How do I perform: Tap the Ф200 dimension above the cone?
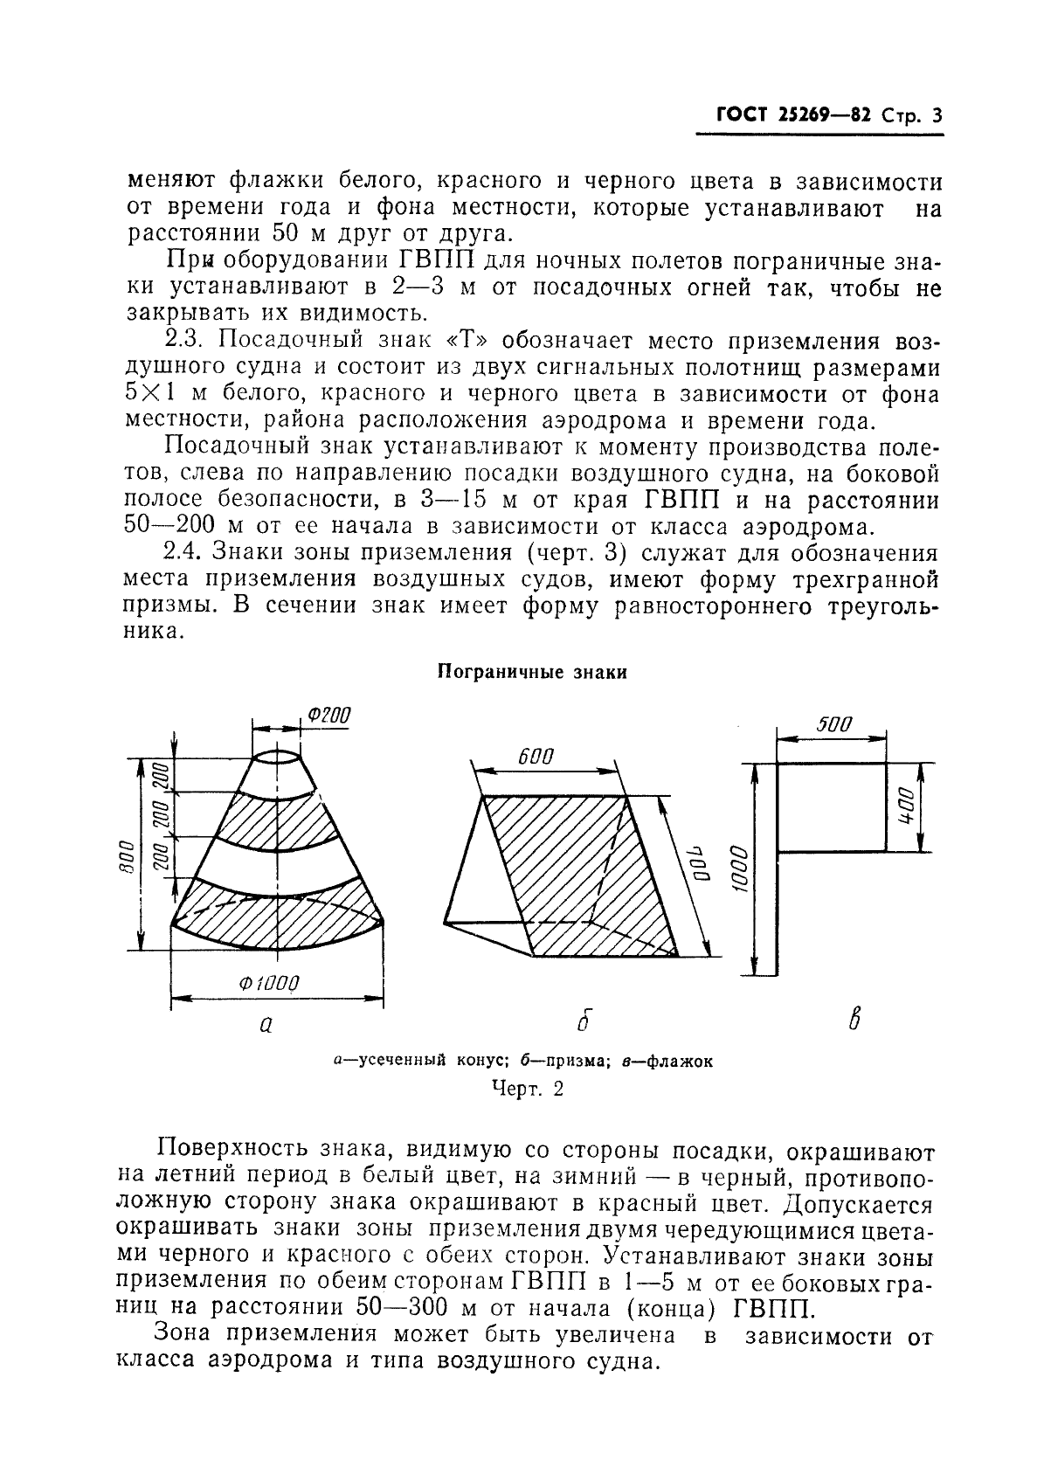(x=329, y=716)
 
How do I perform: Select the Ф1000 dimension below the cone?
(x=268, y=984)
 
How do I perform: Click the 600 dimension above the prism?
(x=536, y=757)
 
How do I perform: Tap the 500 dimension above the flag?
(x=833, y=724)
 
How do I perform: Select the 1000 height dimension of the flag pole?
(x=739, y=868)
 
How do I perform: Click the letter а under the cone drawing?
(x=266, y=1024)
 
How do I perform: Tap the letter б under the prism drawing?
(x=585, y=1020)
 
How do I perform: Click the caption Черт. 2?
(x=529, y=1089)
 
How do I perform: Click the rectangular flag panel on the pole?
(x=831, y=806)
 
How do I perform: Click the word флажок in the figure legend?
(x=681, y=1062)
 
